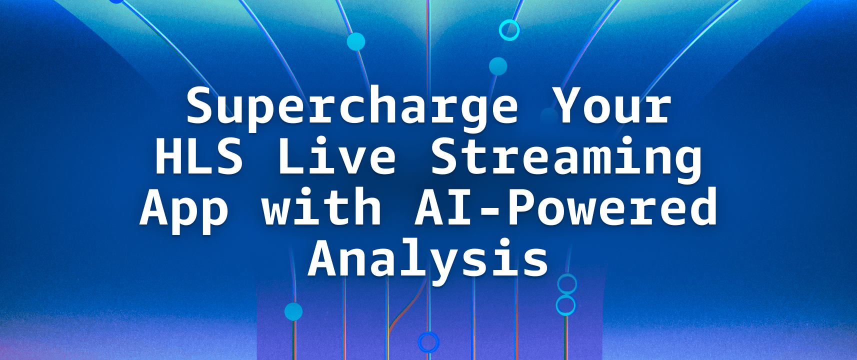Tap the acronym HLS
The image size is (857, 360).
coord(199,156)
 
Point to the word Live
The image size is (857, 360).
coord(336,156)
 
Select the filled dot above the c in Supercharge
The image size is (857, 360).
coord(356,41)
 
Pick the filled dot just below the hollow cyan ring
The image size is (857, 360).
coord(498,66)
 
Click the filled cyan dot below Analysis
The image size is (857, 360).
coord(293,311)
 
